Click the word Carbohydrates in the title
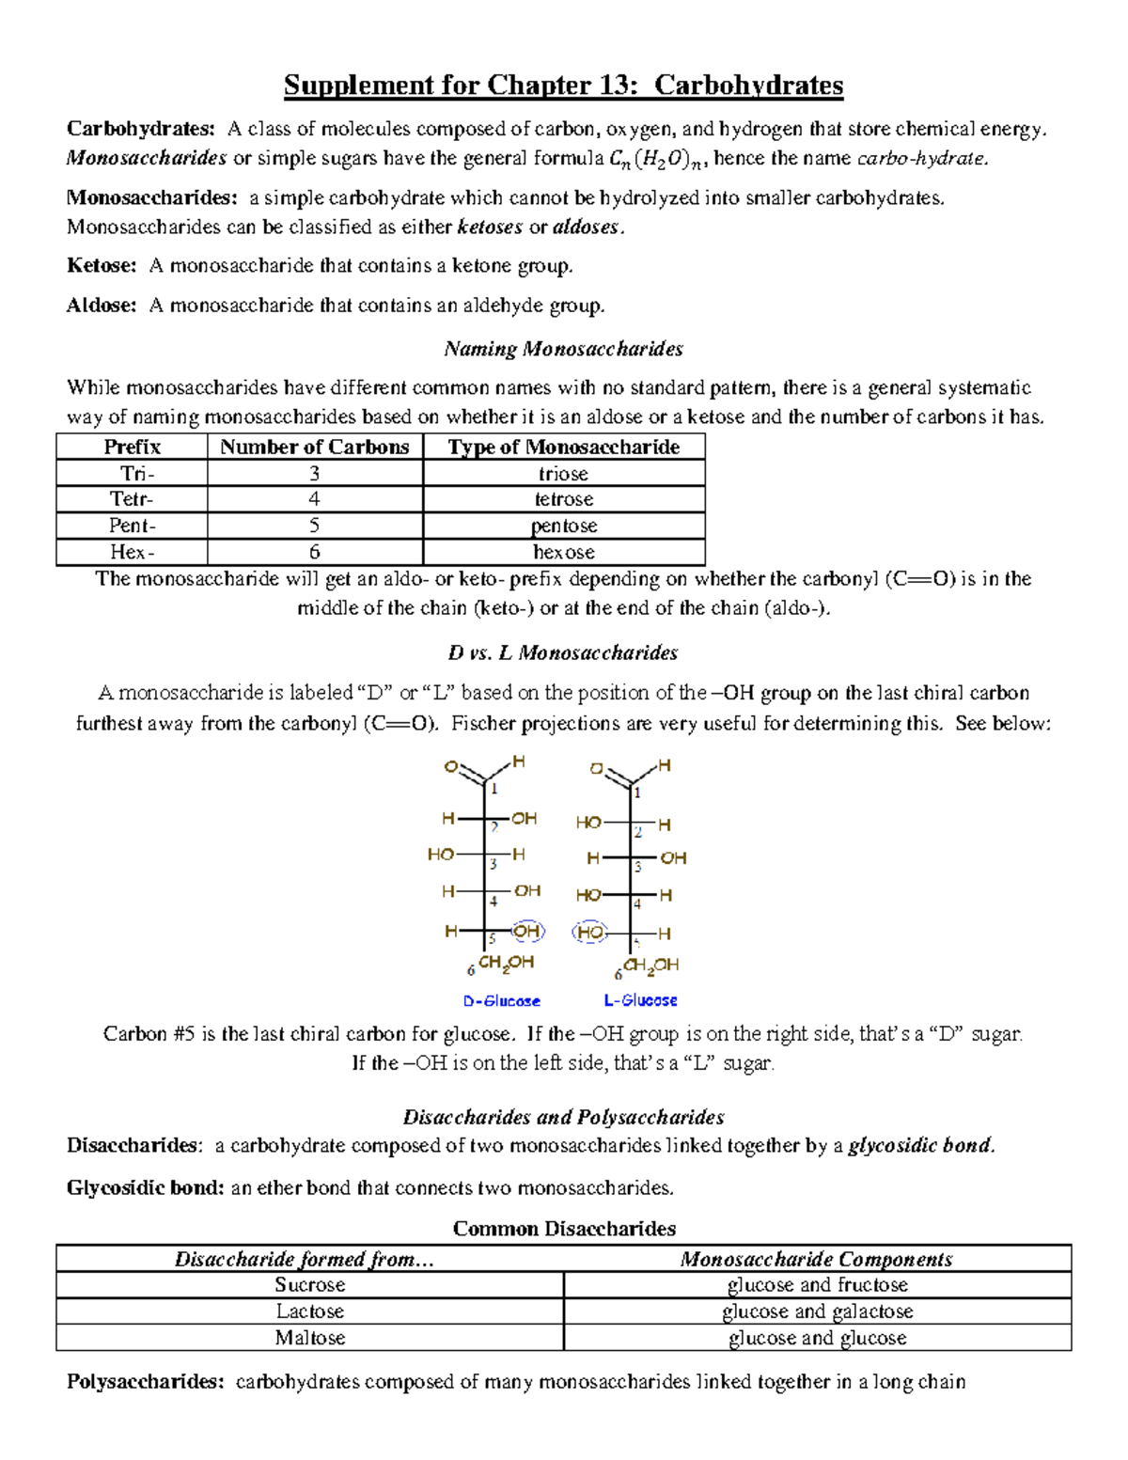748,86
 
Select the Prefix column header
132,447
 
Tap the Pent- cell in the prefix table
132,526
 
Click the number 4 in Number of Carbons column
314,499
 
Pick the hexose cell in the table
563,552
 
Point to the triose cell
563,473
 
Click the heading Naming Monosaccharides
563,349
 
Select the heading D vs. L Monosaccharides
563,652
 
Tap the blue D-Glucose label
501,1001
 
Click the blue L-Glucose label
640,1000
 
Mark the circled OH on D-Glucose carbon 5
527,931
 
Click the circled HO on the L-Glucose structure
590,933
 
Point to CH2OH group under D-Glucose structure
506,963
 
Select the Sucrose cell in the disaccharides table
309,1285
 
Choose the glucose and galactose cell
817,1311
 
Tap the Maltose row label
309,1338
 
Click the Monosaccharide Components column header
816,1259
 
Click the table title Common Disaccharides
564,1229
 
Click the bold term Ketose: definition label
102,266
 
